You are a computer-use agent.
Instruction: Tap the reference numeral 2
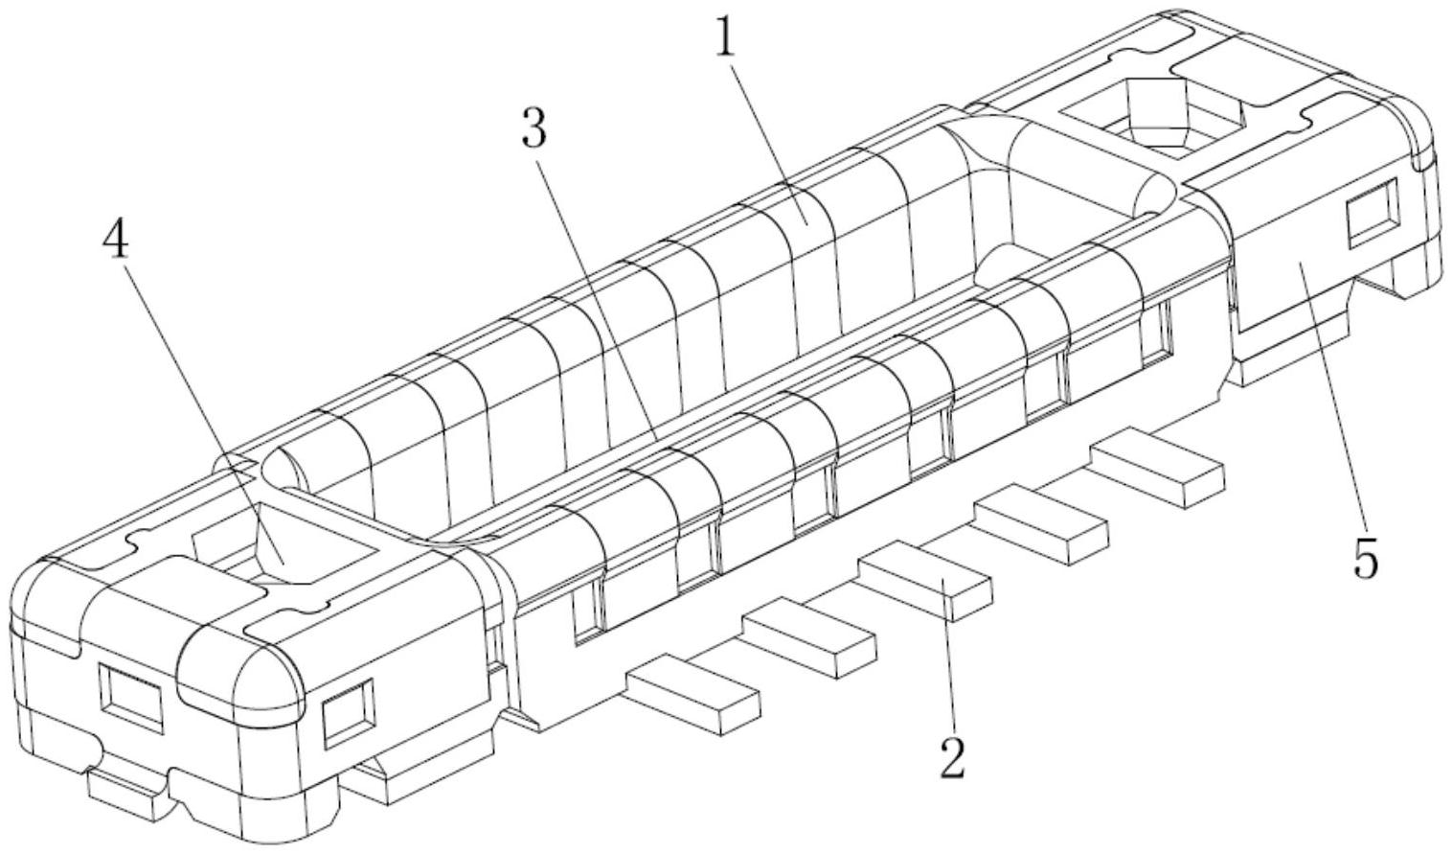[952, 756]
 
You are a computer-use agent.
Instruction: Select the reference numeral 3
[534, 127]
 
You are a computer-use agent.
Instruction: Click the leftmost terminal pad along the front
[692, 694]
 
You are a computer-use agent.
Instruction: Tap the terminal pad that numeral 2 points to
[925, 580]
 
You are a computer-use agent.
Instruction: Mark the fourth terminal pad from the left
[1042, 523]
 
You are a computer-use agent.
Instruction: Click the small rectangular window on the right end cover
[1372, 212]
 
